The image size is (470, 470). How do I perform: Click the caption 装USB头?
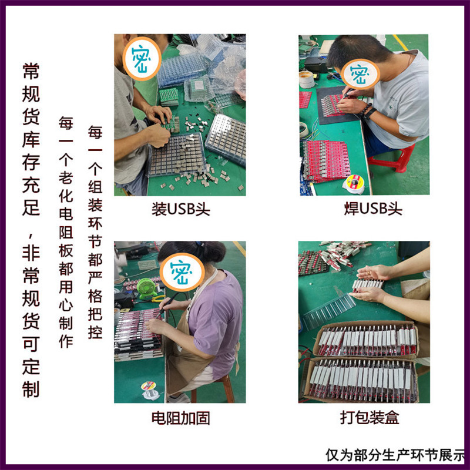[x=181, y=209]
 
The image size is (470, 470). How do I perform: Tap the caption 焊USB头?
[x=373, y=209]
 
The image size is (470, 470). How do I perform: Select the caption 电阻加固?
[x=180, y=418]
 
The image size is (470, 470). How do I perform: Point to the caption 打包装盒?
[x=370, y=417]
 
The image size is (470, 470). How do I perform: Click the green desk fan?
[x=147, y=288]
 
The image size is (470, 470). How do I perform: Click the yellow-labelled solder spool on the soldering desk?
[x=354, y=184]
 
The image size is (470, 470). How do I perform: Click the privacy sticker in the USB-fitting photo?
[x=142, y=59]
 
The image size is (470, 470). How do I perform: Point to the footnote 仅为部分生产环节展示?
[x=395, y=455]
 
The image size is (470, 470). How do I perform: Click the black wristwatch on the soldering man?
[x=370, y=113]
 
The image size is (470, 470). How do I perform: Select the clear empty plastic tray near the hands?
[x=328, y=311]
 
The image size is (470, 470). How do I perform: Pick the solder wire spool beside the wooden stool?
[x=150, y=390]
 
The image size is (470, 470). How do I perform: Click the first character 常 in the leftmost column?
[x=31, y=71]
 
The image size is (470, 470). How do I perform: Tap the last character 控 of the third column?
[x=95, y=332]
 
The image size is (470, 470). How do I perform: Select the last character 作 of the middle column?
[x=66, y=341]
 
